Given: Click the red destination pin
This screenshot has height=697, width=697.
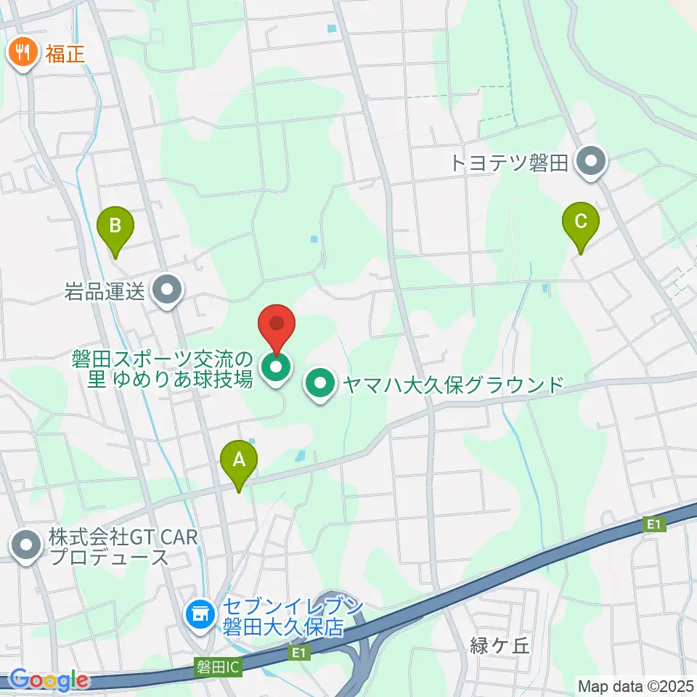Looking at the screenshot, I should point(277,327).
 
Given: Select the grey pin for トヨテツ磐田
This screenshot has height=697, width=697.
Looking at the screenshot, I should point(591,162).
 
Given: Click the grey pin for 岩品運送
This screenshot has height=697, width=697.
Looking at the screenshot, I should point(168,291).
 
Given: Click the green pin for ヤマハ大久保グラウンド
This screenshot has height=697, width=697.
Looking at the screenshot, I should point(319,384).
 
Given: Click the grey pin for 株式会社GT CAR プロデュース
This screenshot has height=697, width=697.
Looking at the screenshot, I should point(27,546).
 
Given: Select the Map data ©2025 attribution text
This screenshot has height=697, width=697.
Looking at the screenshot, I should point(635,685).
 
